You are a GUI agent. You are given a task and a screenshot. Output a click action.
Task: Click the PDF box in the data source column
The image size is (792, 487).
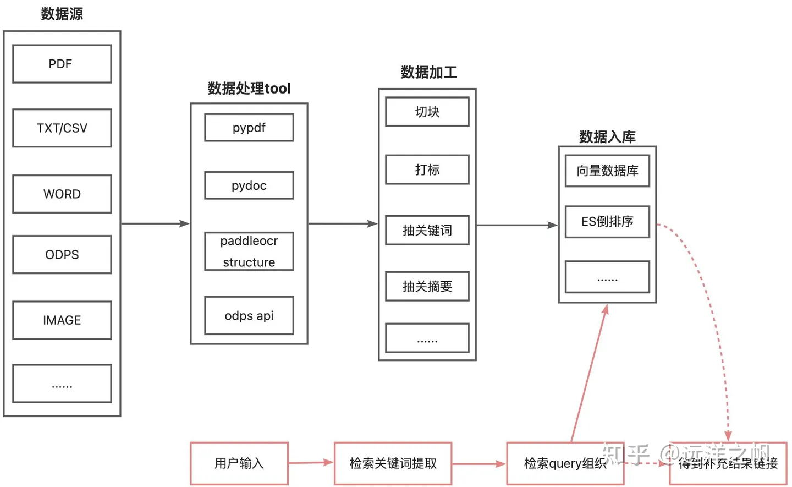62,64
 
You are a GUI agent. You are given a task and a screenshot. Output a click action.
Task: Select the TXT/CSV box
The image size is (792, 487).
62,128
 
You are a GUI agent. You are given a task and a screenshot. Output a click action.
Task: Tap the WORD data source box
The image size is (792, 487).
62,194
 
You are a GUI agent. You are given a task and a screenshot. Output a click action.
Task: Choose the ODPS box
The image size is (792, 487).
62,254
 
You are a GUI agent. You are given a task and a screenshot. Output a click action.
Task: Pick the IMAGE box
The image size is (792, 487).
62,320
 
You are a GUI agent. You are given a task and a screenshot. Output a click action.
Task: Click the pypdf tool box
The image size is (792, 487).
249,128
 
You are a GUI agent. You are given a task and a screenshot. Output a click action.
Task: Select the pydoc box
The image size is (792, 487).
249,185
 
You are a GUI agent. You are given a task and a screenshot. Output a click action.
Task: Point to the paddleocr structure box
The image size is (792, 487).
249,251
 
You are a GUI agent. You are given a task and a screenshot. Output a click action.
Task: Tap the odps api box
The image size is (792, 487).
249,315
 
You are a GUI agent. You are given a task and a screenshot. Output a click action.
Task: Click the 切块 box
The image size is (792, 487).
427,112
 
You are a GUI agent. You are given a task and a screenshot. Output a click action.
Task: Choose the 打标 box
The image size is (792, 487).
427,169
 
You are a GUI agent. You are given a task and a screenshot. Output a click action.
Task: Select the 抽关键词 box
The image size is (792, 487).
427,230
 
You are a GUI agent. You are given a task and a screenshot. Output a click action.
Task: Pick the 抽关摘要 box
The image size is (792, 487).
427,286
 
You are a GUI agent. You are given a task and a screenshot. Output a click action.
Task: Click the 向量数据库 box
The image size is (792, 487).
607,171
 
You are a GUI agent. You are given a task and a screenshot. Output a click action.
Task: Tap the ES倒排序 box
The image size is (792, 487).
607,221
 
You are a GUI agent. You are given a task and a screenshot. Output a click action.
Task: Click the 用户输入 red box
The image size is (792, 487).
239,463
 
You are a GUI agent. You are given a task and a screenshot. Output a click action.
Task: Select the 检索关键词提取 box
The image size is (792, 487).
393,463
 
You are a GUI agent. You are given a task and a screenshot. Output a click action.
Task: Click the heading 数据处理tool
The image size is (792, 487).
249,88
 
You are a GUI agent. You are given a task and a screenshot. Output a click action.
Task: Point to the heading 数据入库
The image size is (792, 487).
607,136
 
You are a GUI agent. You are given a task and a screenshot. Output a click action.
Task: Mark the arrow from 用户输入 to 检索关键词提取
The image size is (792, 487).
311,463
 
